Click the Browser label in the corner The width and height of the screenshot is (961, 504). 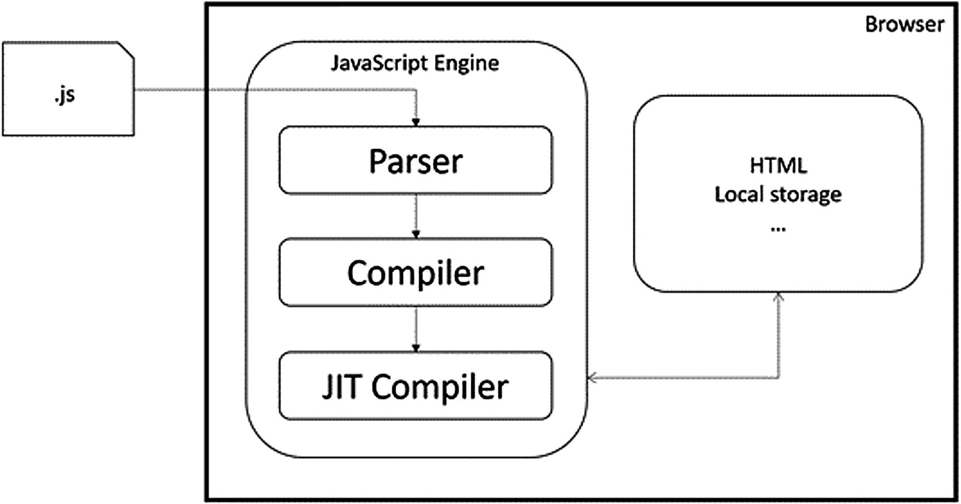tap(904, 25)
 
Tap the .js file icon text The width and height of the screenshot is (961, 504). tap(65, 95)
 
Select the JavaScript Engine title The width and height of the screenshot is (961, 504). tap(415, 63)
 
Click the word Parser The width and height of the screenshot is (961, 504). tap(416, 161)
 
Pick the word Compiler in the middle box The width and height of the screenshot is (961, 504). tap(416, 273)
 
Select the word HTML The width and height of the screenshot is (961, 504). tap(778, 166)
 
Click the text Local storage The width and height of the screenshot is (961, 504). tap(778, 195)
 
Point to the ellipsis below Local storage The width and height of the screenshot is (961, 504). tap(778, 228)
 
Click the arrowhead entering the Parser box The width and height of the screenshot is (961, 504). tap(416, 122)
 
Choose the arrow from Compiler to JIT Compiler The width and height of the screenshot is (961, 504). tap(416, 329)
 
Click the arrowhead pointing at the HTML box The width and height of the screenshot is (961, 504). tap(778, 297)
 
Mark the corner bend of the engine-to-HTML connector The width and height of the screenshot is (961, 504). tap(778, 378)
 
